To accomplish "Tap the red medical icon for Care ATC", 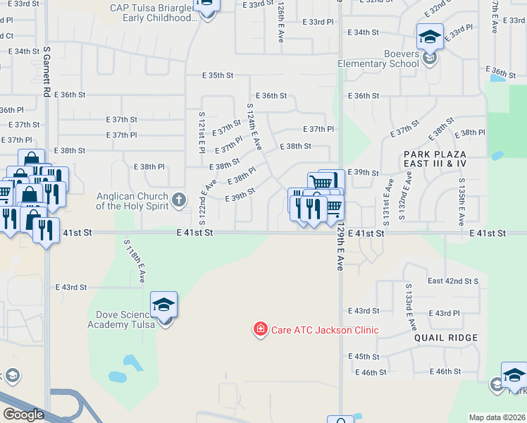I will click(x=260, y=329).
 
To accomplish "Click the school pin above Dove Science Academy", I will click(x=163, y=305).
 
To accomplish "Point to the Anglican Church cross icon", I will click(x=179, y=200).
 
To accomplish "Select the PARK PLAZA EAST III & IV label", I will click(x=435, y=158).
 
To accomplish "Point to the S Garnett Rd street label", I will click(x=46, y=73).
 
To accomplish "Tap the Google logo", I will click(x=23, y=414).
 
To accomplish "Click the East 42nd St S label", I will click(x=453, y=281).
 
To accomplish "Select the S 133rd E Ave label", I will click(x=409, y=306).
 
